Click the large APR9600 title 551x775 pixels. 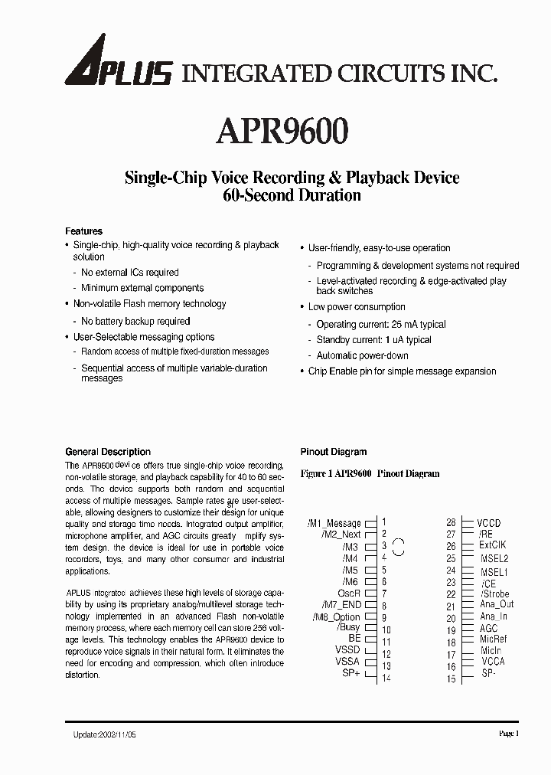[283, 131]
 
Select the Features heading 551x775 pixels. [83, 231]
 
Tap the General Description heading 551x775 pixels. [108, 452]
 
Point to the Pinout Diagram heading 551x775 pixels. [334, 452]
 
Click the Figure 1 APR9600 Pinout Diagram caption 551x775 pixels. [370, 473]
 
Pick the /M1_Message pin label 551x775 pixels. [334, 524]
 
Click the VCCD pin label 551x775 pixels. [490, 524]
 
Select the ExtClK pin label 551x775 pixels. [493, 545]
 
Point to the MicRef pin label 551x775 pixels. [493, 639]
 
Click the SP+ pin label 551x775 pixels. [350, 673]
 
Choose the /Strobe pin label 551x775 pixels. [494, 594]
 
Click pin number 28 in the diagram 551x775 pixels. [451, 522]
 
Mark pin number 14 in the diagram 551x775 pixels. [386, 678]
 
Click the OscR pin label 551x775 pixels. [349, 594]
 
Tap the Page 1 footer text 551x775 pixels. [509, 734]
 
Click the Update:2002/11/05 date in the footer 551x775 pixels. [101, 734]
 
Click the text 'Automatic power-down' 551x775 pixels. [363, 355]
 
